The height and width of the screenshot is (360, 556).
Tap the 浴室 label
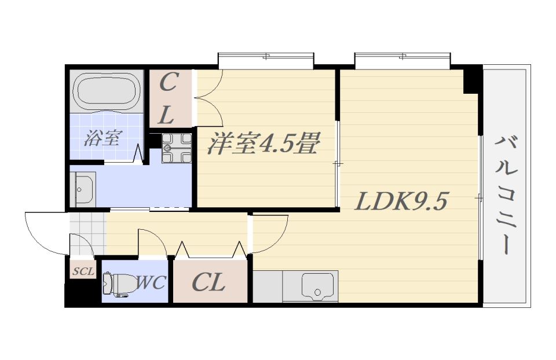[103, 138]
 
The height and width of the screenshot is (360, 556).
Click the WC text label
[151, 283]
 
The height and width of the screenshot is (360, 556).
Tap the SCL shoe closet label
[83, 270]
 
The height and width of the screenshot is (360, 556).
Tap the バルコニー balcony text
[506, 194]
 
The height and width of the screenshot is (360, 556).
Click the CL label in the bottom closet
[208, 283]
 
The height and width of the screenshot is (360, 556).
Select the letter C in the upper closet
[168, 83]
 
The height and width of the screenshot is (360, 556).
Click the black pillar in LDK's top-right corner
[472, 80]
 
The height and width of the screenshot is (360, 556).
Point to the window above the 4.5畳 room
[266, 58]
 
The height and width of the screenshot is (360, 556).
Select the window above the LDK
[402, 58]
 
